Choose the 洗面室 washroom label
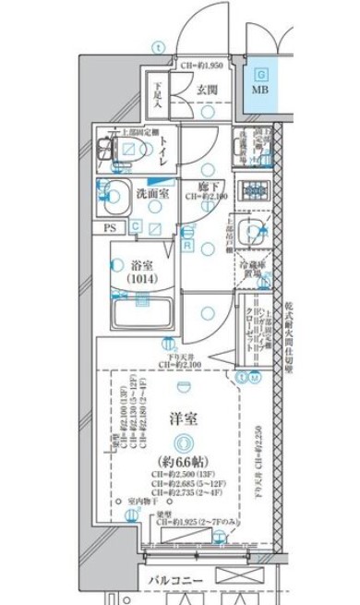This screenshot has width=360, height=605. point(152,195)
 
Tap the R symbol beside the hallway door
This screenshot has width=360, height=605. point(186,246)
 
